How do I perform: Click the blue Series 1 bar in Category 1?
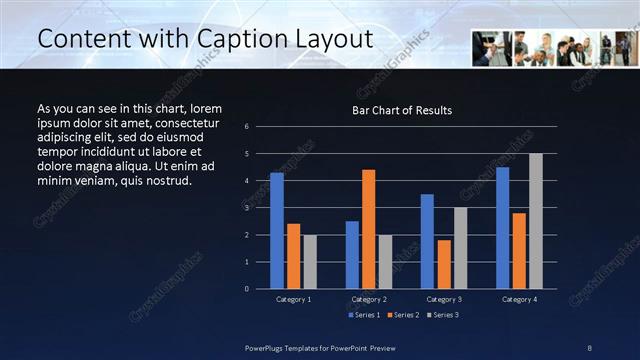pos(276,230)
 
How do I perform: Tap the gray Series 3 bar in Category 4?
pos(536,220)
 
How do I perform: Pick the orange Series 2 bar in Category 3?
pos(444,263)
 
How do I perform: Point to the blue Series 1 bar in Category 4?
pos(502,227)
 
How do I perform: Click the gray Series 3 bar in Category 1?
pos(310,261)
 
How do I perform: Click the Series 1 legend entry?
pos(364,315)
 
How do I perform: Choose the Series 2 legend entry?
pos(402,315)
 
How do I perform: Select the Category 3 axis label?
pos(444,299)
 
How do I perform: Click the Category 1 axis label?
pos(293,299)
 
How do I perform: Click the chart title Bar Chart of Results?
pos(401,110)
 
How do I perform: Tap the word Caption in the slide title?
pos(221,38)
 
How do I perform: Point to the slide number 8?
pos(590,346)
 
